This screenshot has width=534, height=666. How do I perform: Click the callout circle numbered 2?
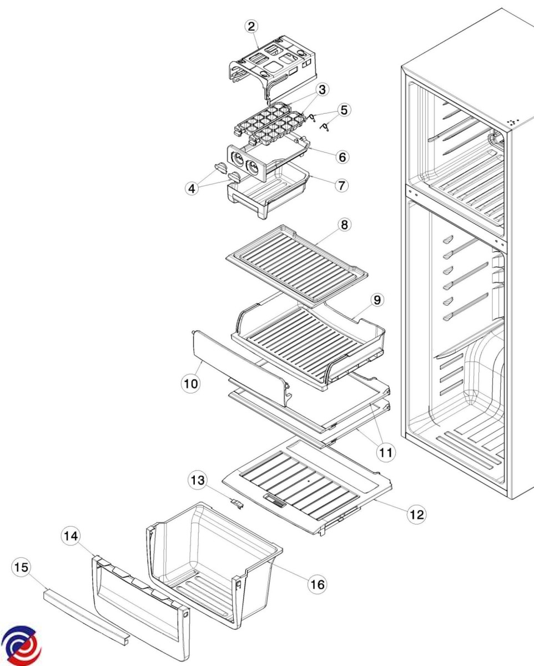tap(252, 26)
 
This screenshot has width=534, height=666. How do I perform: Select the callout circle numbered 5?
tap(344, 110)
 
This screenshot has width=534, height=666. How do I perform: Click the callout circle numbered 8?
tap(344, 225)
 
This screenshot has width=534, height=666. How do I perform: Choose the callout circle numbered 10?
tap(191, 384)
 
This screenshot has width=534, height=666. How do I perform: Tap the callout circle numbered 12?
tap(416, 514)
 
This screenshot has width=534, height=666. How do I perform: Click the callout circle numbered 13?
tap(198, 479)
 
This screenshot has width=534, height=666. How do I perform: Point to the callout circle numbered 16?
tap(318, 584)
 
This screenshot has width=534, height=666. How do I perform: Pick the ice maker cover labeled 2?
tap(272, 64)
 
